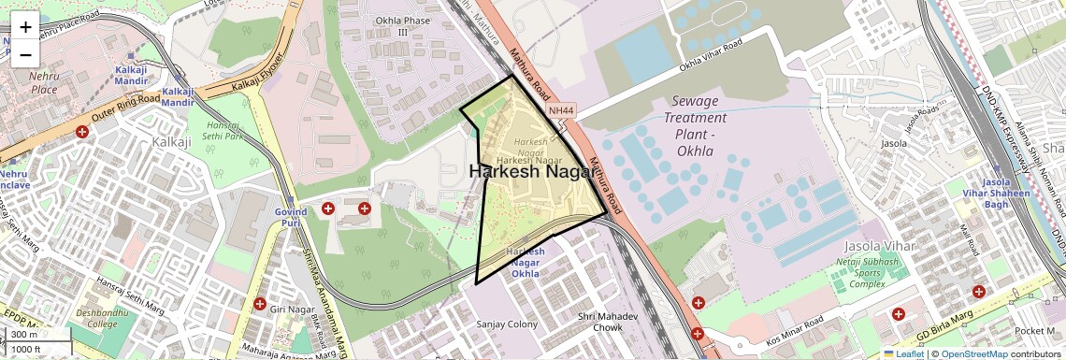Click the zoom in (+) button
point(25,26)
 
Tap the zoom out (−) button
point(25,54)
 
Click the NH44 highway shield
point(562,110)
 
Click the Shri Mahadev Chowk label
point(600,322)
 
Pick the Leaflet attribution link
point(903,354)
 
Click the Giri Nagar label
point(289,307)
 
